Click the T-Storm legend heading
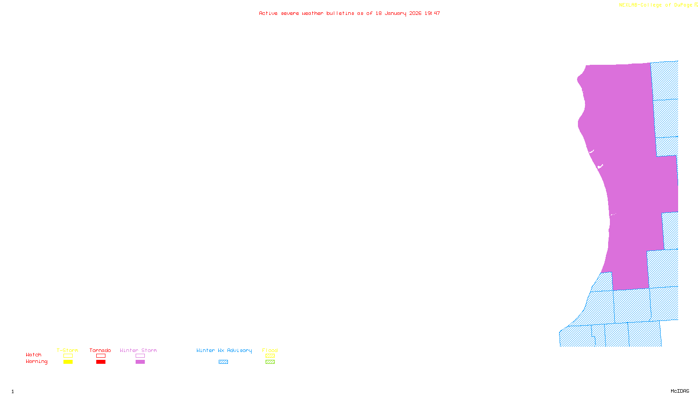[67, 350]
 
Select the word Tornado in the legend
[100, 350]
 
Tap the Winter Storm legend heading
[138, 350]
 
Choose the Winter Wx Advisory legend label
[224, 350]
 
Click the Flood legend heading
[270, 350]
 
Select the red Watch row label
[34, 355]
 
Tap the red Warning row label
[36, 362]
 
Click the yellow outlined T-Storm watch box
[68, 356]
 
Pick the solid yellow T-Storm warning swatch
[68, 362]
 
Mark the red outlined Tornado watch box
[101, 356]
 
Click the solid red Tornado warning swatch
[101, 362]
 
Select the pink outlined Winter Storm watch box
[140, 356]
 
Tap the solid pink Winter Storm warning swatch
[140, 362]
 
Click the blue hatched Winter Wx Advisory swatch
[223, 362]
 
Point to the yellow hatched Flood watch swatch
[270, 356]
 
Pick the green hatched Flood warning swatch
[270, 362]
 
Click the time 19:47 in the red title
[432, 13]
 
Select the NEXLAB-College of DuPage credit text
[656, 5]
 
